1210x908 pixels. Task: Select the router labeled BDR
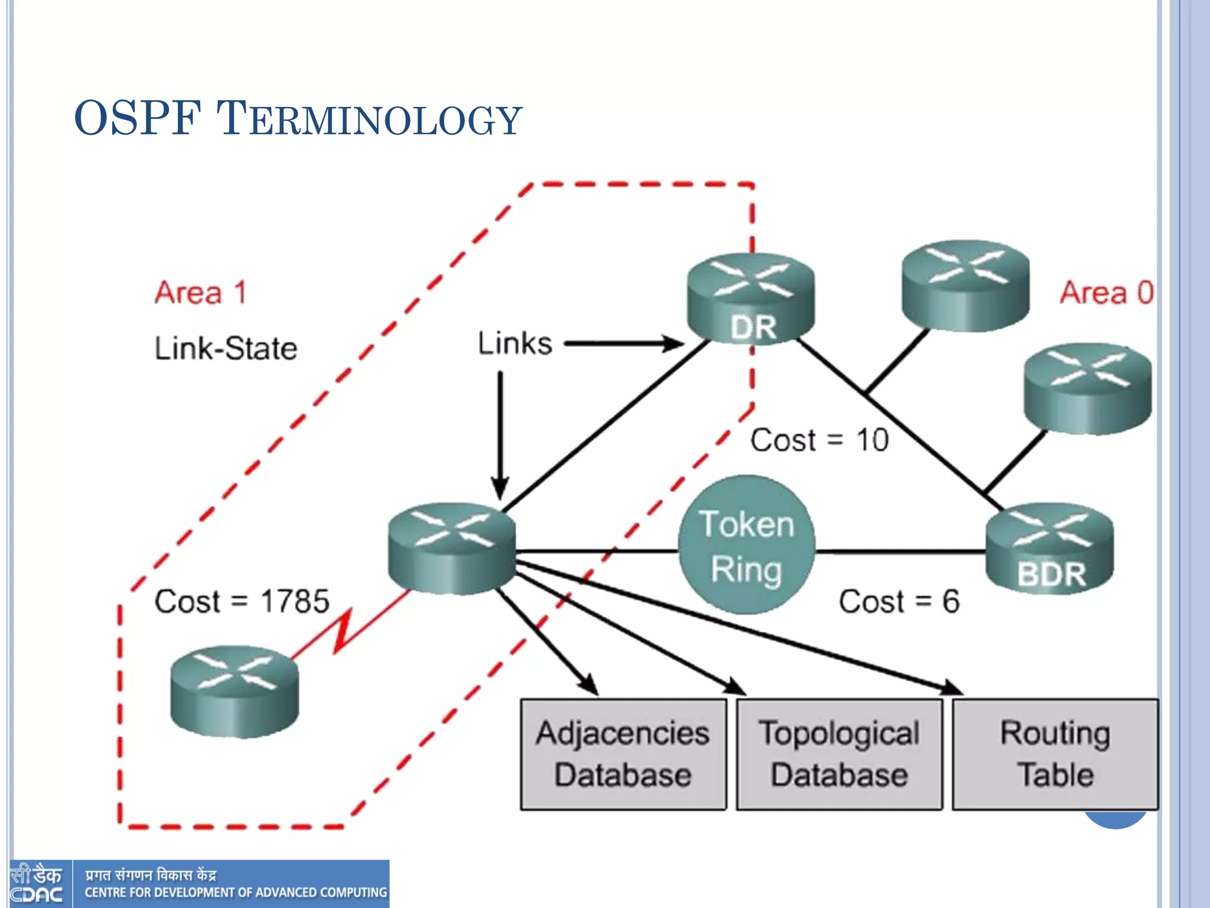tap(1050, 547)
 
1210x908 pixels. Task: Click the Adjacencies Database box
tap(623, 754)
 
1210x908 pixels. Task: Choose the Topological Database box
tap(839, 754)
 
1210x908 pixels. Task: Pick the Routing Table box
tap(1055, 754)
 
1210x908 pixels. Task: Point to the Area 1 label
tap(200, 293)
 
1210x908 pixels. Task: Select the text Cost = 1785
tap(242, 602)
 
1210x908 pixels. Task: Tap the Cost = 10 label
tap(819, 440)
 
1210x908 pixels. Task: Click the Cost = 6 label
tap(899, 602)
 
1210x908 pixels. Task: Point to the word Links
tap(515, 343)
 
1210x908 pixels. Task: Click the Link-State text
tap(226, 348)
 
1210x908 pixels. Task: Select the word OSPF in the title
tap(138, 118)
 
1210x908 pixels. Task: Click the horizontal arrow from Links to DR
tap(623, 343)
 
